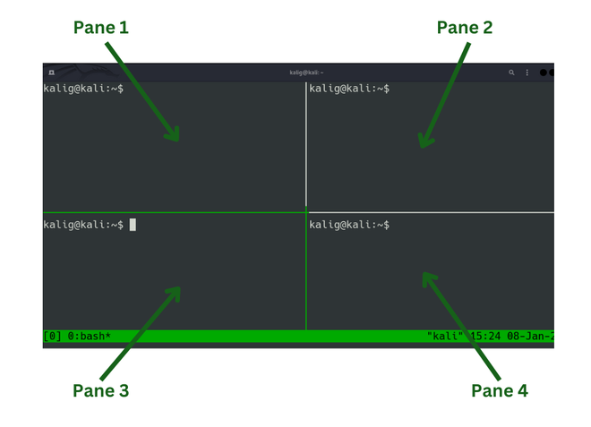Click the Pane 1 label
101,28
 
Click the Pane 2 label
465,28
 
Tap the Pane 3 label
100,390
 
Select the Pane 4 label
500,390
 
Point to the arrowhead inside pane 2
424,141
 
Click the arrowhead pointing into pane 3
175,293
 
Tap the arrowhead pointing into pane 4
429,278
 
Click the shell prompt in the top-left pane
83,89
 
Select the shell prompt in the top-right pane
349,89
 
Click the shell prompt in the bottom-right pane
349,225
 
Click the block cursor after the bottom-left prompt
133,225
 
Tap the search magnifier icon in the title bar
511,73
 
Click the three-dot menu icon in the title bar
527,73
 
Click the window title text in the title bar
306,73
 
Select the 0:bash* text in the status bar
90,336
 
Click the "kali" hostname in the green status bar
445,336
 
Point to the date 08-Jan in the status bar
525,336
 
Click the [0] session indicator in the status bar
53,336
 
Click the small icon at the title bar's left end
52,73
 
